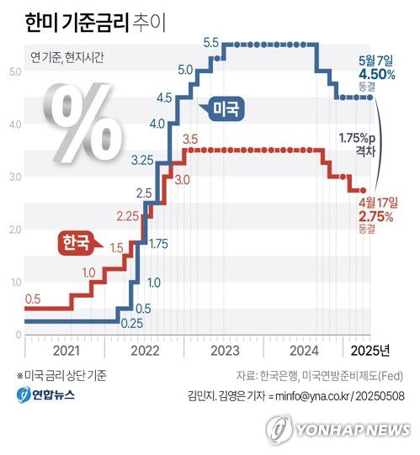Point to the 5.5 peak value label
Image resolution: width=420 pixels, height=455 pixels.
(211, 42)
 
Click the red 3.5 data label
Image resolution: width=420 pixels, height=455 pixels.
(190, 138)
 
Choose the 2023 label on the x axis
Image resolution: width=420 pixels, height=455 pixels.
(226, 350)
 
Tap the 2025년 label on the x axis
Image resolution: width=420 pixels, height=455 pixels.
(369, 350)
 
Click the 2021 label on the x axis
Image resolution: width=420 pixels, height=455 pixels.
(65, 350)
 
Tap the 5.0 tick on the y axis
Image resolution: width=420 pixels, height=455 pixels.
(15, 72)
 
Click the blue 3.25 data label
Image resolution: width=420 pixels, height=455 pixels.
(142, 159)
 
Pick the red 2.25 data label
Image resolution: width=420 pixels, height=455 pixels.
(127, 216)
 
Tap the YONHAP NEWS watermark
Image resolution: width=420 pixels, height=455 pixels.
(341, 429)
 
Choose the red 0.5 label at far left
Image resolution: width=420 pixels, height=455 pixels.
(33, 299)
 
